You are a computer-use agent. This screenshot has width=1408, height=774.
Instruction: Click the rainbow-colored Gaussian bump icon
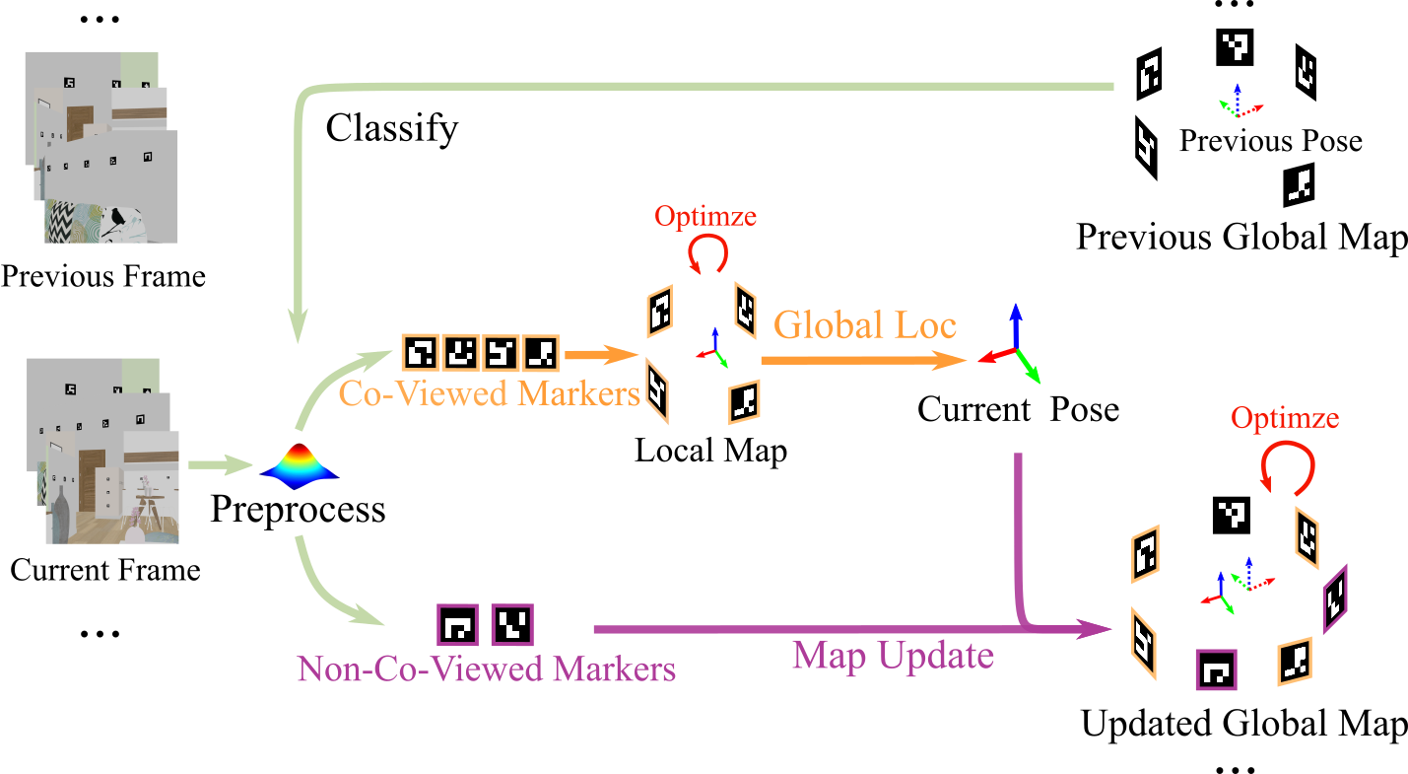pyautogui.click(x=299, y=465)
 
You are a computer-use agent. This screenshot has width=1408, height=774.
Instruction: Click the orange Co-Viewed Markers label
pyautogui.click(x=489, y=393)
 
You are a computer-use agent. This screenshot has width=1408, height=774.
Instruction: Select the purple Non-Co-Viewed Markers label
pyautogui.click(x=486, y=669)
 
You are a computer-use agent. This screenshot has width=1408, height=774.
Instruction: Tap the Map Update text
pyautogui.click(x=893, y=656)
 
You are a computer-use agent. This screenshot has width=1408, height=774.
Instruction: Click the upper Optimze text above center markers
pyautogui.click(x=705, y=216)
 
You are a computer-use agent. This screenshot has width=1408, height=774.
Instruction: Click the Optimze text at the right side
pyautogui.click(x=1285, y=417)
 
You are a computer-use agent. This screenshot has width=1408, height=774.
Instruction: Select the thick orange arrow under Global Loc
pyautogui.click(x=862, y=362)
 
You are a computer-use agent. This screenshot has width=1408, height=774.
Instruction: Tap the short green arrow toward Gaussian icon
pyautogui.click(x=220, y=464)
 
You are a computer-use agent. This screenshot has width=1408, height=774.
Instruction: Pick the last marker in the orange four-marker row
pyautogui.click(x=540, y=352)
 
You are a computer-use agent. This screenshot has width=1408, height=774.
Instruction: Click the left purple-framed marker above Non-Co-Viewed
pyautogui.click(x=457, y=625)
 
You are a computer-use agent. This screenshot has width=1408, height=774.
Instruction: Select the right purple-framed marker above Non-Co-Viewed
pyautogui.click(x=511, y=624)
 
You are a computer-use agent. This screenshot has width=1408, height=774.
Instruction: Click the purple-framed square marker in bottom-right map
pyautogui.click(x=1215, y=670)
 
